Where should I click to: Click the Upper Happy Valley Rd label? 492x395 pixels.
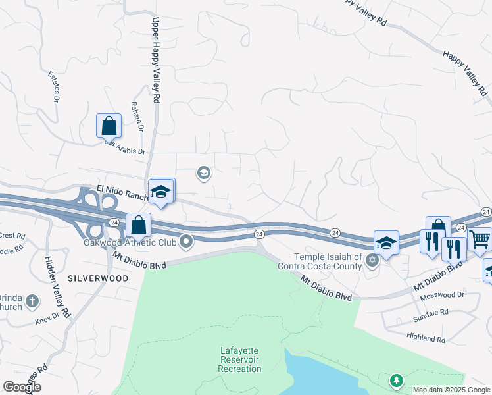[156, 59]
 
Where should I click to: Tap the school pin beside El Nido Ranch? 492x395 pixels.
[160, 192]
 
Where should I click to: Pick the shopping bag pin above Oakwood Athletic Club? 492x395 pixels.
[139, 225]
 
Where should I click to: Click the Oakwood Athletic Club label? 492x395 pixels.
[130, 242]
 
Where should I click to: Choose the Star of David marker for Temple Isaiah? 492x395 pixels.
[372, 261]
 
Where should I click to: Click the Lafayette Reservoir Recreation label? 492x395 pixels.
[241, 363]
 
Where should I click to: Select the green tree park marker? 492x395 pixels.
[396, 380]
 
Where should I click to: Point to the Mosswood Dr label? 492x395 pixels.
[442, 294]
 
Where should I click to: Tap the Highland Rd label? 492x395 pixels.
[426, 339]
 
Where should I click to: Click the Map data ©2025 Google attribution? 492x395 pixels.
[451, 390]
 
